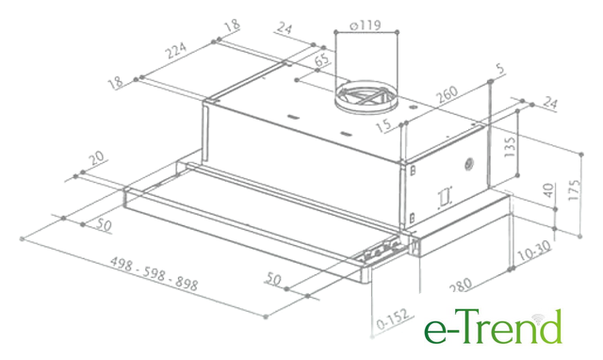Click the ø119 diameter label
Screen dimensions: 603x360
tap(366, 25)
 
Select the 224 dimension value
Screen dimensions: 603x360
tap(175, 50)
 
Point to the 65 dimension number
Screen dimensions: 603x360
tap(322, 59)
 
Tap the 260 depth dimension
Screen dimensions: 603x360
tap(447, 94)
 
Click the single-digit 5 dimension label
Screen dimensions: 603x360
tap(499, 69)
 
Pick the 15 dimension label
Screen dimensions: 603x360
tap(383, 125)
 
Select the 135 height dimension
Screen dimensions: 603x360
tap(510, 146)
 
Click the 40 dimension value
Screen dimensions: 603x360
tap(548, 190)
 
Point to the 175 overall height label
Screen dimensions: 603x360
tap(574, 189)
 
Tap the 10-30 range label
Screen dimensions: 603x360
tap(534, 251)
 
